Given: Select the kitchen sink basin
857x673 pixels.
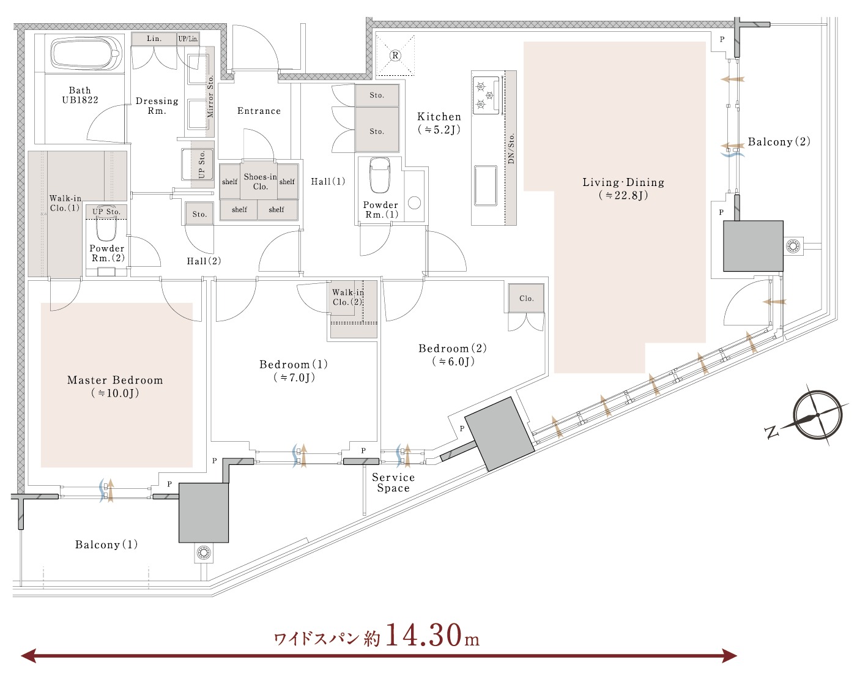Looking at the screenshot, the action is pyautogui.click(x=485, y=186).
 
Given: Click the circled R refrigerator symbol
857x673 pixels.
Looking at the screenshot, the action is pyautogui.click(x=395, y=56).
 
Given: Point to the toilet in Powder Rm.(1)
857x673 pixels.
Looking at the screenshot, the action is pyautogui.click(x=380, y=175).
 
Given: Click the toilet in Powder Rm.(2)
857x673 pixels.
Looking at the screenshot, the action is pyautogui.click(x=106, y=228).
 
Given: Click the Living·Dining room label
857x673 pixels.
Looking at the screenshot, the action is pyautogui.click(x=623, y=188).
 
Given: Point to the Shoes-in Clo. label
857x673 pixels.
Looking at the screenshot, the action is pyautogui.click(x=261, y=181).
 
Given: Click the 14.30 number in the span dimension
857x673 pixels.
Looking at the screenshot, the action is pyautogui.click(x=423, y=634).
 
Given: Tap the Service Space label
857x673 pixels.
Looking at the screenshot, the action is pyautogui.click(x=393, y=483).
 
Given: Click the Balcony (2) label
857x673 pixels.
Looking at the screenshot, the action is pyautogui.click(x=779, y=141).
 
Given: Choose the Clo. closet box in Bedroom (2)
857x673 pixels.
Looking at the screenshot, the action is pyautogui.click(x=526, y=299).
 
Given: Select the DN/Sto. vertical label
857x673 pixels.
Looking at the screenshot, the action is pyautogui.click(x=511, y=148).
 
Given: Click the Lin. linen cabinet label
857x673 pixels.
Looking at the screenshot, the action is pyautogui.click(x=154, y=39).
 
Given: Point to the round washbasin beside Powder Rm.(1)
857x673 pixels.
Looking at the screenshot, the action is pyautogui.click(x=415, y=203).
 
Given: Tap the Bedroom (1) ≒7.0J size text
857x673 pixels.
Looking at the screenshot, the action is pyautogui.click(x=294, y=377).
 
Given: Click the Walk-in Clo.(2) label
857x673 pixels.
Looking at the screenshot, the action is pyautogui.click(x=347, y=297).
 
